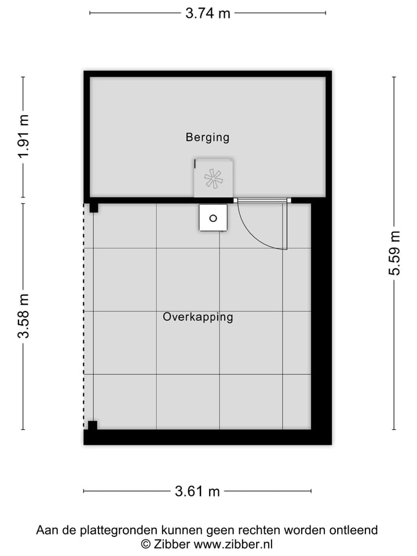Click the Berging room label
point(207,137)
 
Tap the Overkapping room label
point(197,317)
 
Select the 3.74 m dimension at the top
point(207,13)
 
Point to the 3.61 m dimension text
point(197,492)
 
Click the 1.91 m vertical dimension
point(23,137)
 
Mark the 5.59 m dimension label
point(394,253)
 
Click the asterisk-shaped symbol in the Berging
point(213,178)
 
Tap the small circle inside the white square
point(213,218)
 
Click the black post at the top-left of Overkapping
point(93,207)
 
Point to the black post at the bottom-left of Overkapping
point(92,425)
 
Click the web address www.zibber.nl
point(233,544)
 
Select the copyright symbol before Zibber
point(146,544)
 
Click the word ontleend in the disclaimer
point(355,530)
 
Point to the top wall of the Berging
point(207,74)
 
